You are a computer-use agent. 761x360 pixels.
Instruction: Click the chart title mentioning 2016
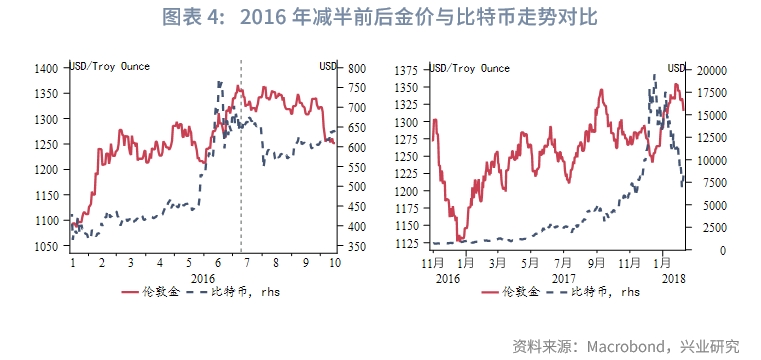[x=380, y=19]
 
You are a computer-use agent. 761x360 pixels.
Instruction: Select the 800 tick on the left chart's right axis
[x=357, y=69]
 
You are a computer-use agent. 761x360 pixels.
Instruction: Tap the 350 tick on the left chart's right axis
[x=357, y=246]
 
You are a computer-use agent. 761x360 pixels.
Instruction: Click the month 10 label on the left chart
[x=335, y=261]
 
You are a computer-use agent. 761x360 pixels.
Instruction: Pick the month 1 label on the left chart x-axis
[x=73, y=261]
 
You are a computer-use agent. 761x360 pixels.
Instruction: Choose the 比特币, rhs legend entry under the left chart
[x=236, y=293]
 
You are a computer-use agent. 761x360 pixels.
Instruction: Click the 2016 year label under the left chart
[x=203, y=275]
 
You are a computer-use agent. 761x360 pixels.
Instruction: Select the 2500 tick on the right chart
[x=713, y=228]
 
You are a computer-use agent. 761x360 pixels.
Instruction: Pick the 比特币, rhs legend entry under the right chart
[x=598, y=293]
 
